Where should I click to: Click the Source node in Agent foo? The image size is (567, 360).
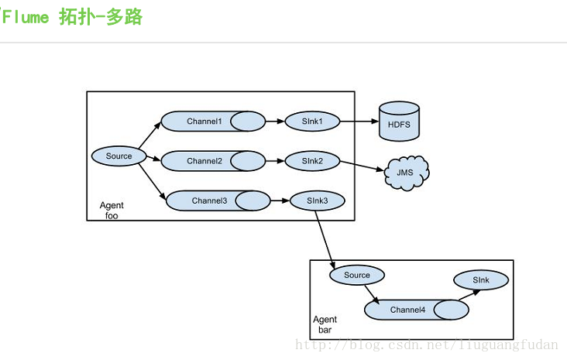coord(119,156)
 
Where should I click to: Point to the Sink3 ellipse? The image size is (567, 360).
coord(317,201)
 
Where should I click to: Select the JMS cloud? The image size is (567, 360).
coord(404,172)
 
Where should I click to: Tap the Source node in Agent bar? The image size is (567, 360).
coord(356,275)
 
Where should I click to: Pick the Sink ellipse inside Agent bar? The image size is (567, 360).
coord(481,279)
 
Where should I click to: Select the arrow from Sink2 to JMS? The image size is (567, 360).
coord(360,166)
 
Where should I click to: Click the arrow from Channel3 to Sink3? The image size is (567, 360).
coord(280,201)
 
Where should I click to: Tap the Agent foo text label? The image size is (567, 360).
coord(112,211)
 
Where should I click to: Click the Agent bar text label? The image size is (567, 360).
coord(325,324)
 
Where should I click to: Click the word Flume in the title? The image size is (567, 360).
coord(26,17)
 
